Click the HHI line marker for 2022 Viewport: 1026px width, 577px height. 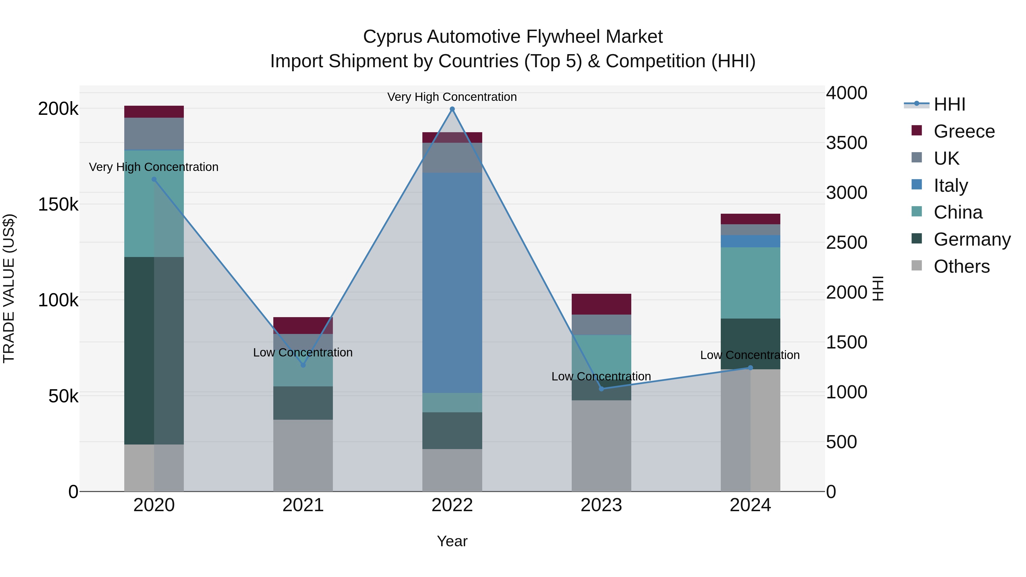452,109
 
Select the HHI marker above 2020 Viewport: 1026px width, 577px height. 154,180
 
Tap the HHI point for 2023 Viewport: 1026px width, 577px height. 601,389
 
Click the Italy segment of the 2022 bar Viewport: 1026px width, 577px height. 452,283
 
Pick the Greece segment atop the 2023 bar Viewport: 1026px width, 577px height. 601,304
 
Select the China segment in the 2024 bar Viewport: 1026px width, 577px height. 750,283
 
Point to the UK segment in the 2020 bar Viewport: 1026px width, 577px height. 154,134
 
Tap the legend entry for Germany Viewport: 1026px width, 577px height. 972,240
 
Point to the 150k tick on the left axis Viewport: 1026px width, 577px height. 58,205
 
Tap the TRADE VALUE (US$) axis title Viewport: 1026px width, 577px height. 9,288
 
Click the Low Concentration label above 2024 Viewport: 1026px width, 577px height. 750,355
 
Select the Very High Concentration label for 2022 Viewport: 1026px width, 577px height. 452,97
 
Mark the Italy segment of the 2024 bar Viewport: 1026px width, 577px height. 750,241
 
